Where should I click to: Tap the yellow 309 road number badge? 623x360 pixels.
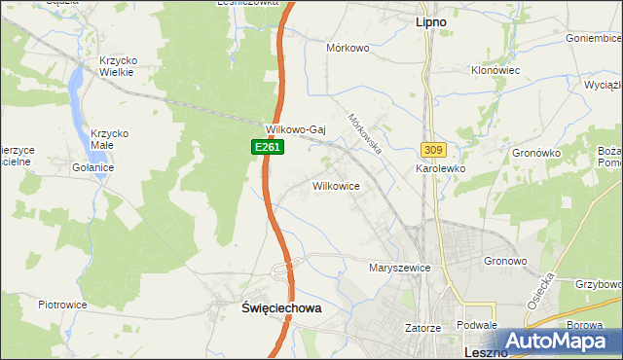click(x=433, y=150)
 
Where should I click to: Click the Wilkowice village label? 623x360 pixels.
click(x=337, y=185)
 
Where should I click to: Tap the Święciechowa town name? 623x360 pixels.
click(x=280, y=307)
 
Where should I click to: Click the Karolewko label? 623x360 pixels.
click(x=441, y=168)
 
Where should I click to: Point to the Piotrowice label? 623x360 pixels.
click(x=62, y=305)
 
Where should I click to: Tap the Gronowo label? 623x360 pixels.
click(x=505, y=261)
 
